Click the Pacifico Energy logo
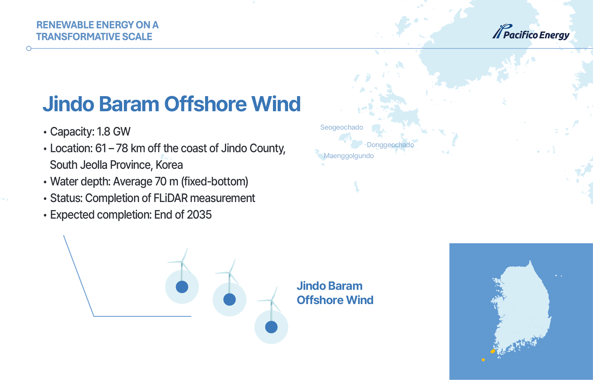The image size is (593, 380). click(531, 32)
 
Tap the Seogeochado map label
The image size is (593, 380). click(342, 127)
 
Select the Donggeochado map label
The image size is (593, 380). click(390, 145)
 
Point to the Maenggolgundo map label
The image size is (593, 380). click(349, 156)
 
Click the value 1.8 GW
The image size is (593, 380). click(114, 132)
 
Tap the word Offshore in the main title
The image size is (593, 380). click(205, 104)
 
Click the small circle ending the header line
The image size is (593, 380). click(29, 48)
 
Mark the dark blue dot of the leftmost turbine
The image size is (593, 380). click(182, 287)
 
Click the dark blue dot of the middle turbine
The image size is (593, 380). click(229, 300)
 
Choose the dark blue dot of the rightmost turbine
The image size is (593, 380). click(271, 327)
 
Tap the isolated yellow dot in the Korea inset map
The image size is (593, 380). click(483, 360)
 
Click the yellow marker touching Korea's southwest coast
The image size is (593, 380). click(493, 351)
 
